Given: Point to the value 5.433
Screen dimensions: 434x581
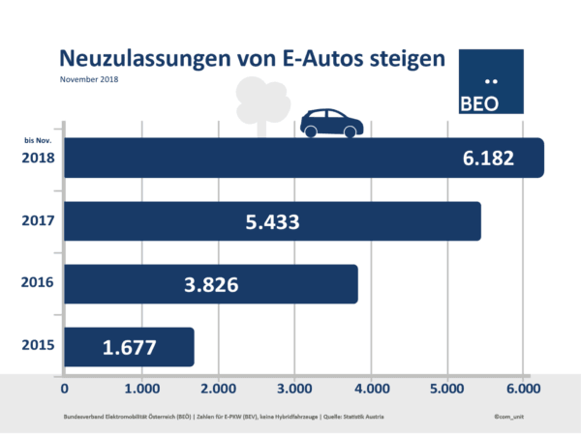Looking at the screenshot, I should tap(272, 221).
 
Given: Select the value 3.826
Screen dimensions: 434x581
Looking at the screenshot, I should tap(212, 284).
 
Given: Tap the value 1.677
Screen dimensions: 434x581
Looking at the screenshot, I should tap(129, 347).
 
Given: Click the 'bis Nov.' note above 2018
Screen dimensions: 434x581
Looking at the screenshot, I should tap(37, 141).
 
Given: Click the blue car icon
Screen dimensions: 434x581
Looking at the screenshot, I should tap(330, 123).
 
